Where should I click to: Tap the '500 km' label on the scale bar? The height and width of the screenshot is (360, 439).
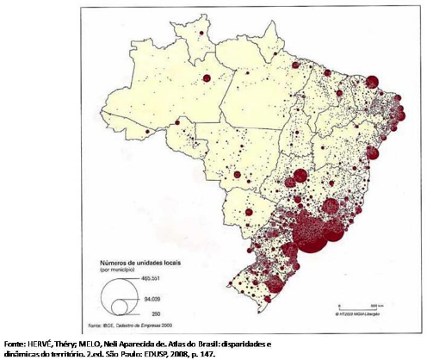[x=375, y=304]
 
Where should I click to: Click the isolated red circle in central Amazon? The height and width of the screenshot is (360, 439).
[x=207, y=78]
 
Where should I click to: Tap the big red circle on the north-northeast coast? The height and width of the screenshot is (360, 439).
[x=371, y=83]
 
